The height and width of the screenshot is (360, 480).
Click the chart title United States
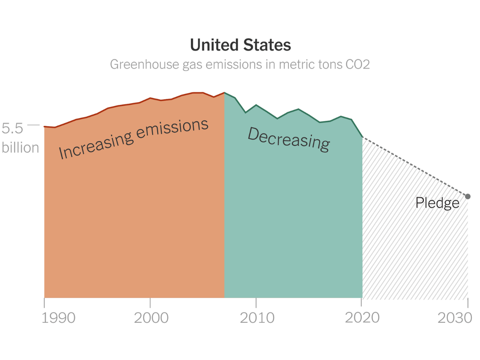pyautogui.click(x=240, y=45)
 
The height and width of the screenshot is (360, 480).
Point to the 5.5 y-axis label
pyautogui.click(x=12, y=128)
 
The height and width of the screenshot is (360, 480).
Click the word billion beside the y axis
pyautogui.click(x=21, y=147)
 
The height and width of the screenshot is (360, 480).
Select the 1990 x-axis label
pyautogui.click(x=58, y=318)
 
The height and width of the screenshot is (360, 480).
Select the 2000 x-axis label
pyautogui.click(x=151, y=318)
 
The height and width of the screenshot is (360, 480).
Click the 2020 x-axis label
pyautogui.click(x=362, y=318)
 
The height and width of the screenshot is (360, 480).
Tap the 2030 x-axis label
pyautogui.click(x=455, y=318)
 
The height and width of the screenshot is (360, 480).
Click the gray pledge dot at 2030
pyautogui.click(x=468, y=196)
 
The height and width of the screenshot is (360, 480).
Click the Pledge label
pyautogui.click(x=437, y=203)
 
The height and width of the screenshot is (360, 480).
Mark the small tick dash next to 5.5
pyautogui.click(x=33, y=125)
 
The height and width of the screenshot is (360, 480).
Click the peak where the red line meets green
pyautogui.click(x=225, y=93)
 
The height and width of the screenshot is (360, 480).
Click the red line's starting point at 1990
pyautogui.click(x=45, y=127)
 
